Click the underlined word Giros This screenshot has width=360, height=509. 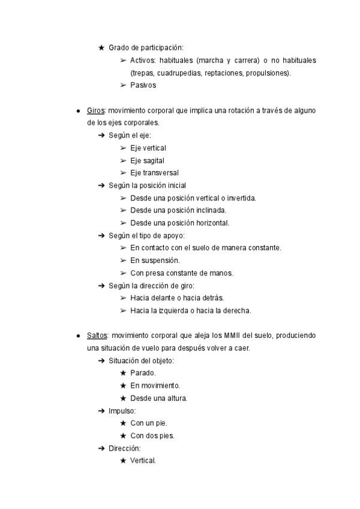click(95, 110)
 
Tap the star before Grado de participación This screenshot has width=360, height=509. click(101, 47)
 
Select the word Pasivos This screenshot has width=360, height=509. click(143, 85)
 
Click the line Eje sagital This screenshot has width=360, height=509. click(147, 160)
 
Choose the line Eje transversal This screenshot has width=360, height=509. click(154, 173)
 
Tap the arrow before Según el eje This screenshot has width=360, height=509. click(101, 136)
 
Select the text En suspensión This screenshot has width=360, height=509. click(155, 261)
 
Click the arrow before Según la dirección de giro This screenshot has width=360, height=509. click(101, 286)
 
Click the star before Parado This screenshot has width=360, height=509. click(122, 373)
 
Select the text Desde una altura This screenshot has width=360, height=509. click(158, 398)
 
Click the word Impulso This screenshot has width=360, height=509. click(122, 411)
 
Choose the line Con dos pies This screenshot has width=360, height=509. click(152, 436)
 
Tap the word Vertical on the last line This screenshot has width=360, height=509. click(142, 461)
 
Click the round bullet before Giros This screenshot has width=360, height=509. click(78, 111)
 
